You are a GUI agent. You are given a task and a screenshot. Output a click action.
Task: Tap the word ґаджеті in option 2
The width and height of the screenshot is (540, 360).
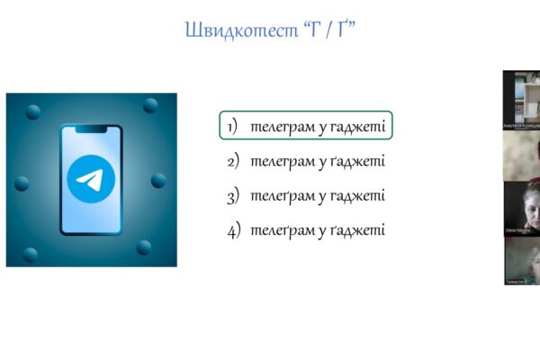click(357, 161)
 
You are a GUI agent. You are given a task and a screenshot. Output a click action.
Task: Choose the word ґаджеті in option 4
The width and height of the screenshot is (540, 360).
click(357, 230)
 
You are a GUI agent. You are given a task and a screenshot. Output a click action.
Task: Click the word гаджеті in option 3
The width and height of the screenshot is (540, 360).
click(357, 196)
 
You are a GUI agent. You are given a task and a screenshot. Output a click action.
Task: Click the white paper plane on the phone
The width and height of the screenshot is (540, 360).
click(90, 180)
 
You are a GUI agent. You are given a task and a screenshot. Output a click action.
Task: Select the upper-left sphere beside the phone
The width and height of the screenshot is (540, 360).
click(33, 112)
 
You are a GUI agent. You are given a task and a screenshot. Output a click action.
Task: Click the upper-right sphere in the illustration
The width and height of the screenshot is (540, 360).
click(149, 105)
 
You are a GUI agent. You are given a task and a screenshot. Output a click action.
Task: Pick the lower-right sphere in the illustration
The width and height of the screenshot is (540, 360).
click(143, 247)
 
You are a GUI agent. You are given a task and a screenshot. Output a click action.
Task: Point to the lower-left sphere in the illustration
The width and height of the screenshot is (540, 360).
click(30, 255)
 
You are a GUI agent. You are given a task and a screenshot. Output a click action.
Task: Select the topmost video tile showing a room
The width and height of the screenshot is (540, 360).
click(521, 99)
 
